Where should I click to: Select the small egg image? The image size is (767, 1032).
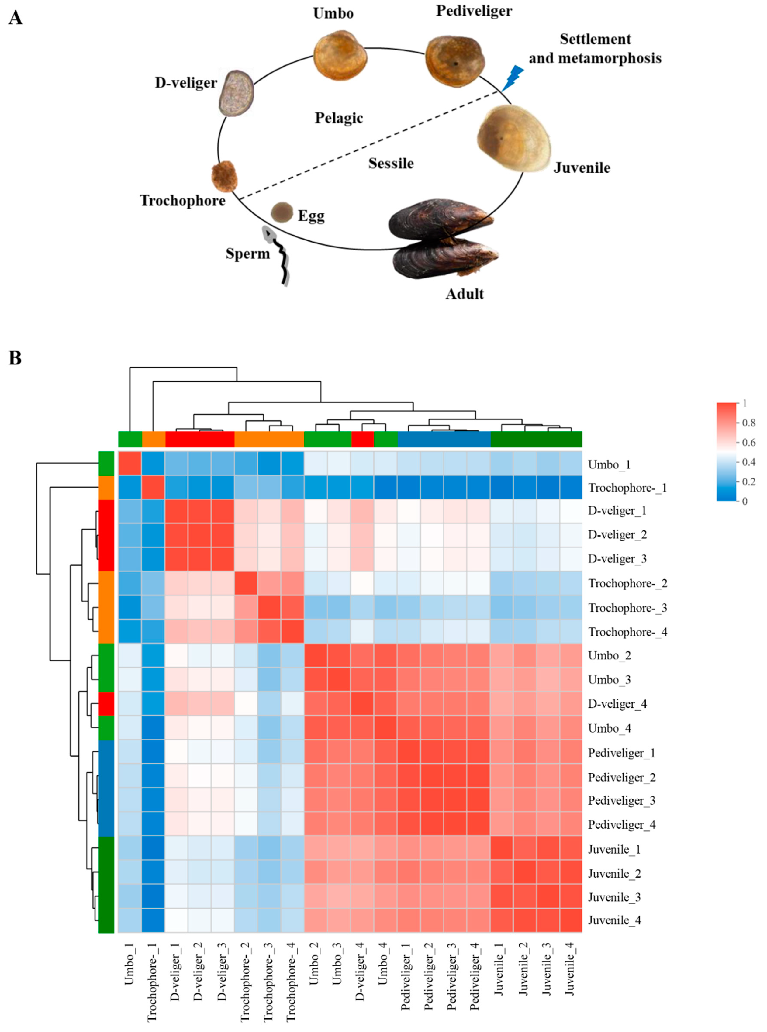click(282, 212)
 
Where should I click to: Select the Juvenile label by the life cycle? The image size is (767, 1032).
click(581, 168)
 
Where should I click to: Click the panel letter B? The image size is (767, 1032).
click(15, 358)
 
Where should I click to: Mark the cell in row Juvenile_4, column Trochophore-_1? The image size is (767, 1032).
click(153, 920)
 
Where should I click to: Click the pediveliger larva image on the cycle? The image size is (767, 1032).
click(455, 61)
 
